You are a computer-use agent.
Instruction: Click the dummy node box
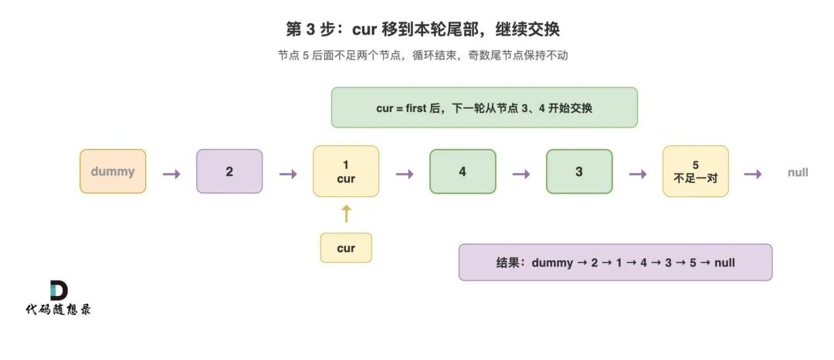point(113,172)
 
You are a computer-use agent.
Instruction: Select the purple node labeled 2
point(229,172)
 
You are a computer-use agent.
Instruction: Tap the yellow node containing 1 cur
point(346,172)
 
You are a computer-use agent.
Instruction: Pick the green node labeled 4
point(463,172)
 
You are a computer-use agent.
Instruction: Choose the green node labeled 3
point(579,172)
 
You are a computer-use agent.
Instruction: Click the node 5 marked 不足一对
point(696,172)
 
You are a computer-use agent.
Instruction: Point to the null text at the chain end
point(798,172)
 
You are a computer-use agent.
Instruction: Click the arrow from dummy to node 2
point(171,173)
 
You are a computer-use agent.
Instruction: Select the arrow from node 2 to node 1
point(288,173)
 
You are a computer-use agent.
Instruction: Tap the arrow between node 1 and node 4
point(405,173)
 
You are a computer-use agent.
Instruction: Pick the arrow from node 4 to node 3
point(521,173)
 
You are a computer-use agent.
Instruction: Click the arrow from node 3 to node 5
point(638,173)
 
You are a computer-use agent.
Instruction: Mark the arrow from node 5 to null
point(753,173)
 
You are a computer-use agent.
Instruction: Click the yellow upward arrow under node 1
point(346,213)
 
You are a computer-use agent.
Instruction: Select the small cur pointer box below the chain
point(346,248)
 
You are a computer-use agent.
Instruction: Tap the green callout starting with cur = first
point(484,107)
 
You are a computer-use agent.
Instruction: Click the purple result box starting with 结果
point(615,262)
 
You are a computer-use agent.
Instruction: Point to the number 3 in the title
point(311,30)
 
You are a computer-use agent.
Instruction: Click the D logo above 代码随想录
point(59,290)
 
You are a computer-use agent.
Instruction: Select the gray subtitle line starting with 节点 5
point(423,56)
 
